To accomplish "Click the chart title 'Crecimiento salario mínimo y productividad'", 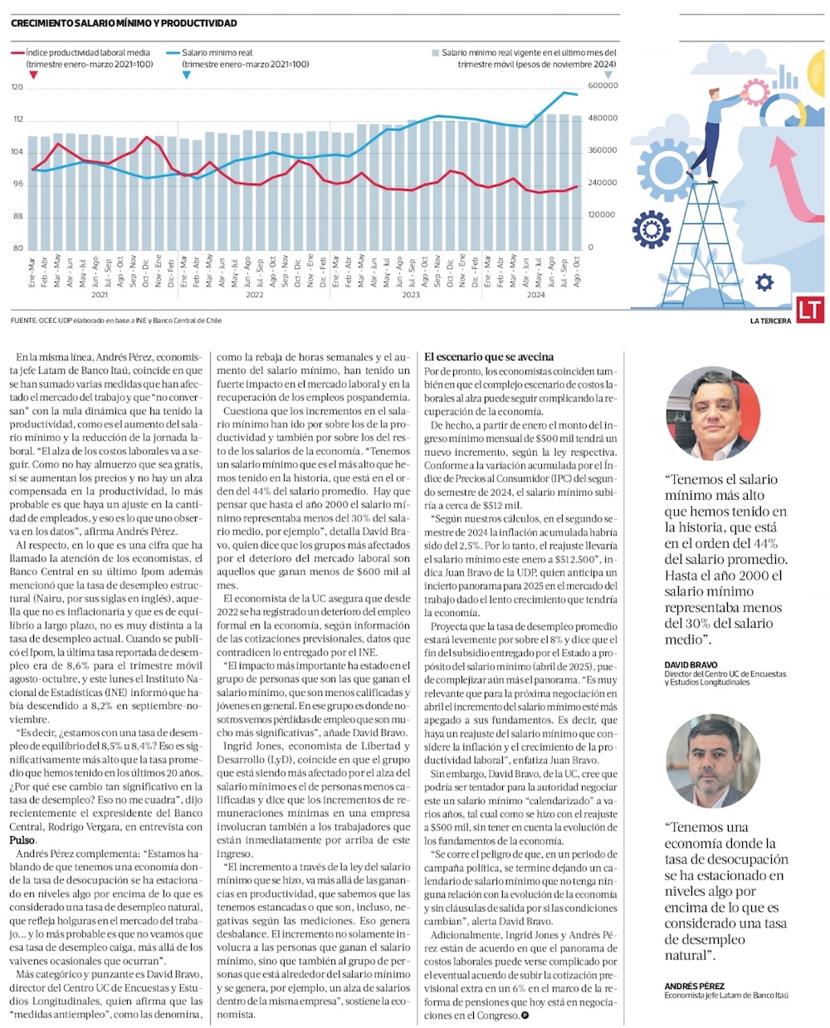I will tap(124, 23).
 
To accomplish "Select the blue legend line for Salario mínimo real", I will tap(173, 52).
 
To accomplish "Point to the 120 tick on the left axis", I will tap(17, 86).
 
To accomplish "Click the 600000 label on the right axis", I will tap(603, 86).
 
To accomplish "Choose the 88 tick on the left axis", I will tap(17, 216).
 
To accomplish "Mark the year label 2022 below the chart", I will tap(254, 295).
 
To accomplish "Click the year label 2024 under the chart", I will tap(535, 295).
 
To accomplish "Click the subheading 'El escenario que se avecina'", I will tap(489, 357).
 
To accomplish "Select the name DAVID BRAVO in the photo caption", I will tap(691, 665).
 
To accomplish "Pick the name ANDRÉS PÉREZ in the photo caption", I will tap(694, 986).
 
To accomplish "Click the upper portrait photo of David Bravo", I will tap(713, 414).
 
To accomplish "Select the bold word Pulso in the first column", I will tap(22, 840).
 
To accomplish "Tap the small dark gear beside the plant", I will tap(764, 282).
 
